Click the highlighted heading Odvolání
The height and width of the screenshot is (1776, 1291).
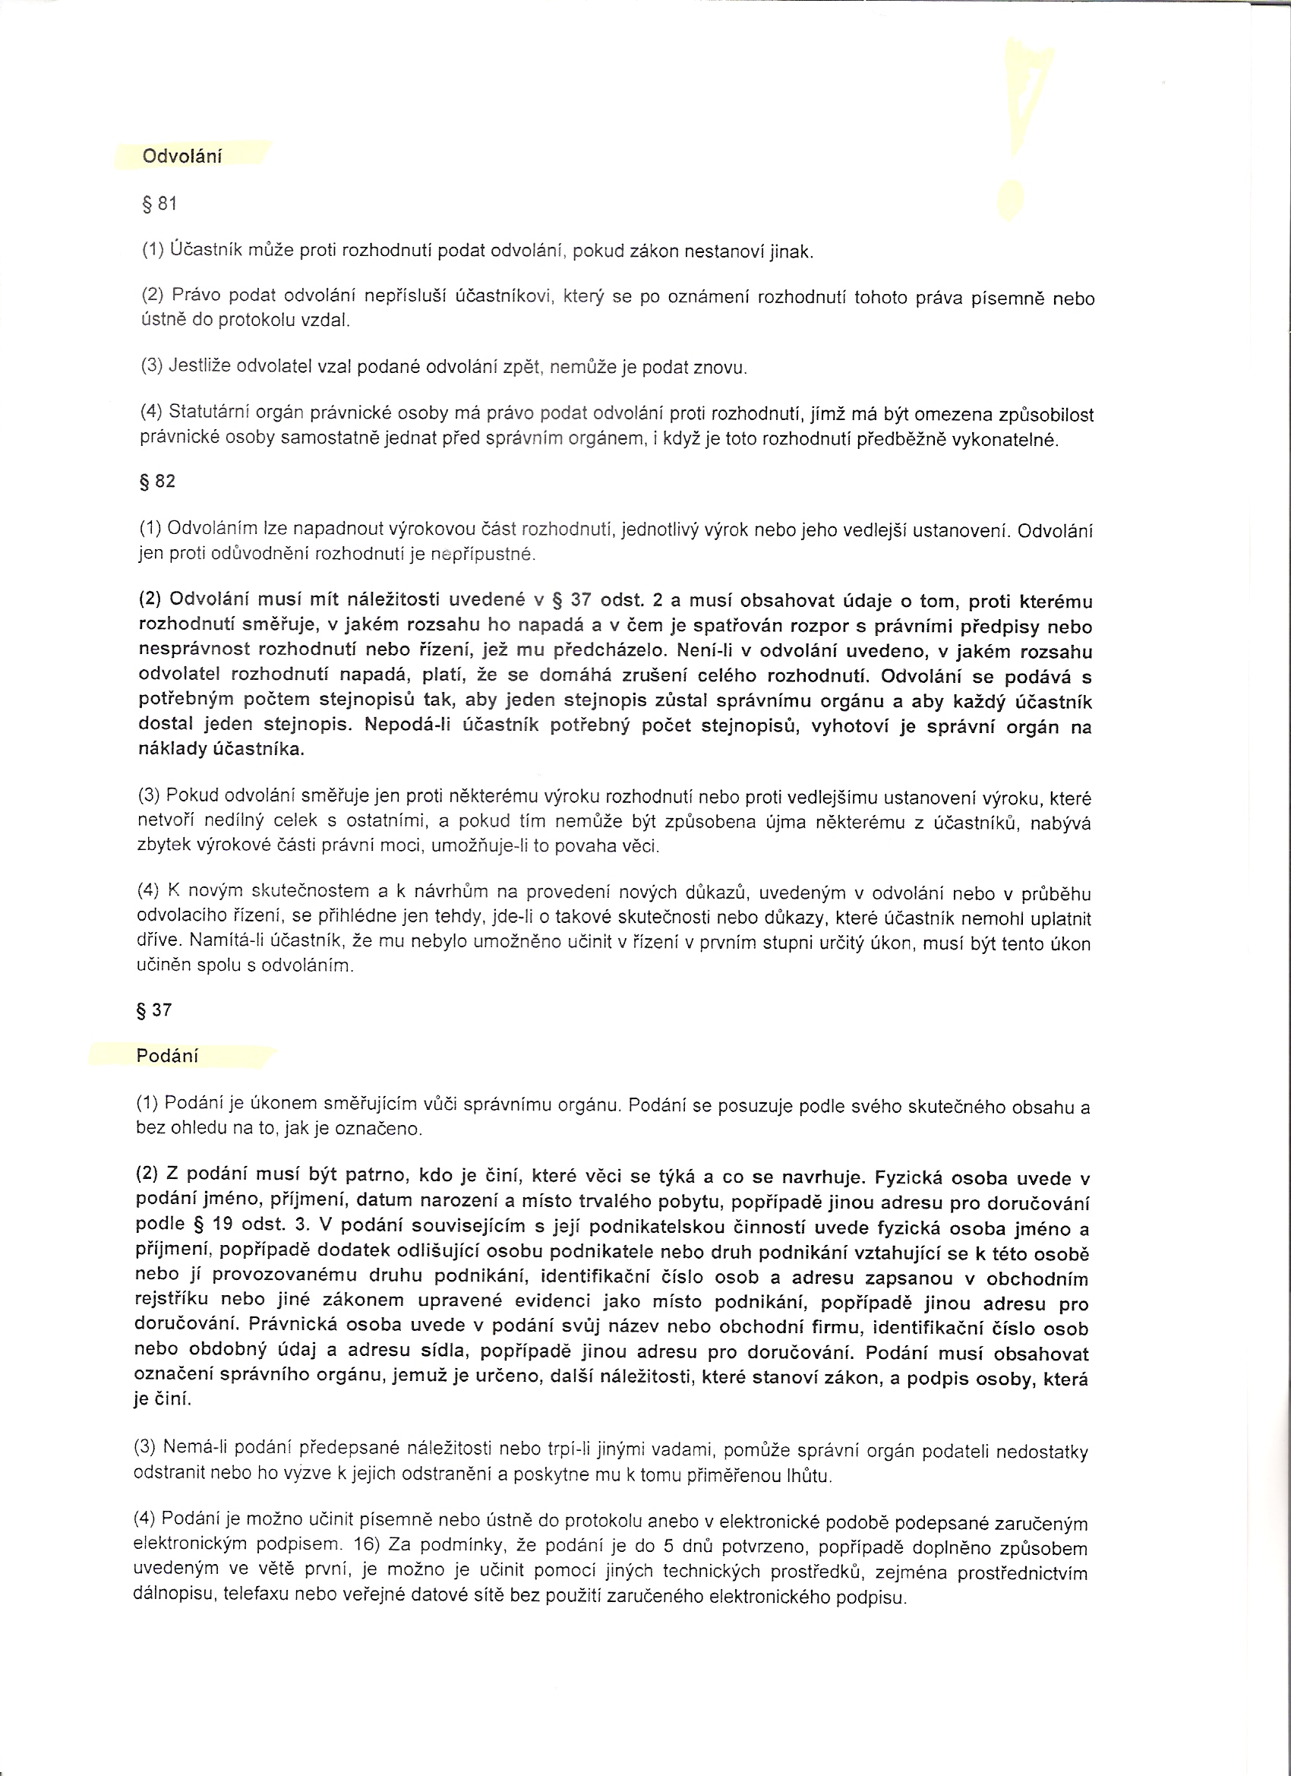(181, 156)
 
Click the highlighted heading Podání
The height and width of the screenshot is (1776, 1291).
(167, 1056)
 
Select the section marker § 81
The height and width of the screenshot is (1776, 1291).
(159, 204)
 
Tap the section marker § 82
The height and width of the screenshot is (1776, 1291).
(156, 482)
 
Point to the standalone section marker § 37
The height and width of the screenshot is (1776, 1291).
(153, 1010)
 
